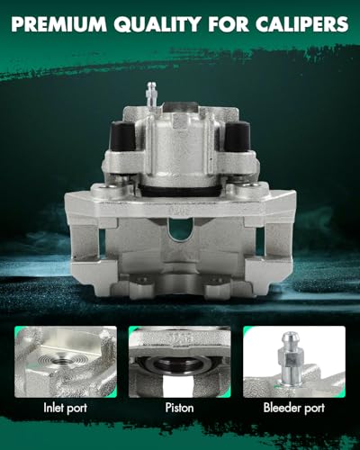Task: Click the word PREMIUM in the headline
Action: tap(59, 24)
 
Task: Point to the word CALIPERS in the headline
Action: tap(302, 24)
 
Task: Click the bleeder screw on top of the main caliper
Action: tap(150, 94)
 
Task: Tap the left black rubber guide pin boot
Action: tap(122, 137)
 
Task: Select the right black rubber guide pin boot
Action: tap(238, 137)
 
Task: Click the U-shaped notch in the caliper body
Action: tap(180, 229)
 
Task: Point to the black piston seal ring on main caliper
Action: tap(180, 191)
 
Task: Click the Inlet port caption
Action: tap(66, 408)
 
